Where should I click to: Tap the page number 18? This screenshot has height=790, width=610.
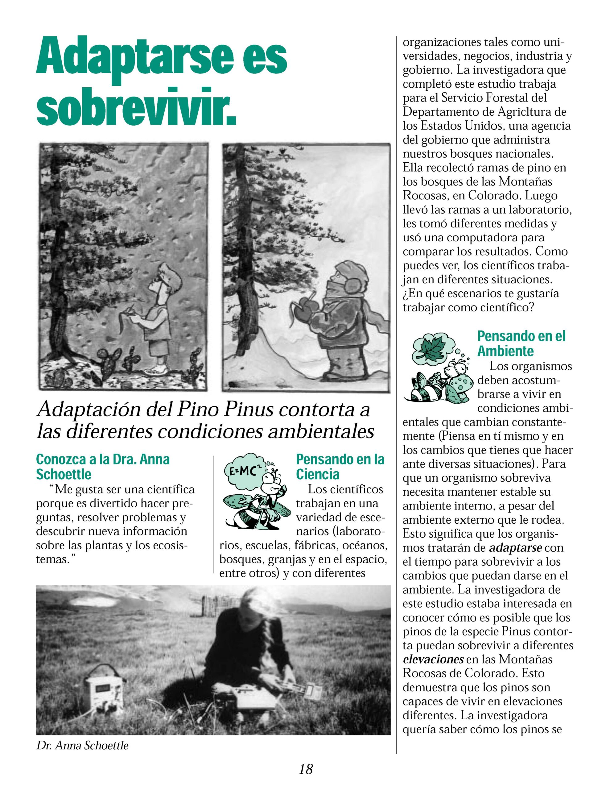pos(306,769)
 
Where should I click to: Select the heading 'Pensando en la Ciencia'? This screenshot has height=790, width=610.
pos(340,467)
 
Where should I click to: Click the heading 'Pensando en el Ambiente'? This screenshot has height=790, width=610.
pos(521,343)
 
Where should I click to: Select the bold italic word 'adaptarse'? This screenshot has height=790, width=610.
pos(515,548)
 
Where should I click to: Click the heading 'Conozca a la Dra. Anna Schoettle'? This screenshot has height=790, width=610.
pos(103,467)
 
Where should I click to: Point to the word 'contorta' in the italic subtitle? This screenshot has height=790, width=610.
pos(311,410)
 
